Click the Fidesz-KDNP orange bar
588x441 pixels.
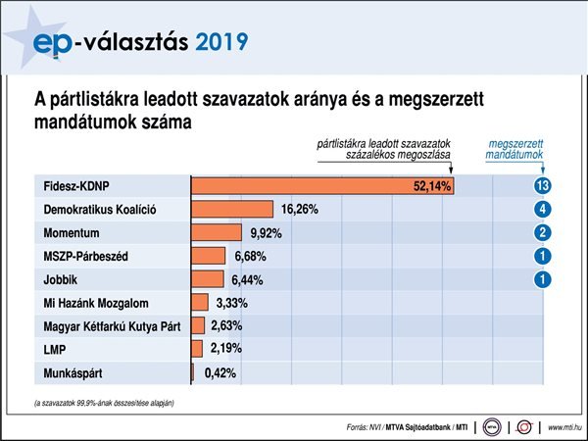click(x=322, y=186)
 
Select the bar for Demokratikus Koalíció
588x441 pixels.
click(x=232, y=210)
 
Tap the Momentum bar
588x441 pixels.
click(x=217, y=233)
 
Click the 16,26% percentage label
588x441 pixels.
click(x=300, y=210)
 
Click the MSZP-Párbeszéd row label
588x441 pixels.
click(x=87, y=256)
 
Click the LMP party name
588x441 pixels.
click(x=56, y=350)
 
